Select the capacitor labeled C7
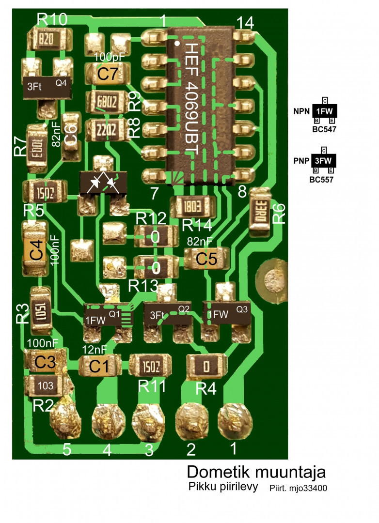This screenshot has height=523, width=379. pyautogui.click(x=108, y=74)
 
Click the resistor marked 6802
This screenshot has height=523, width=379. pyautogui.click(x=106, y=102)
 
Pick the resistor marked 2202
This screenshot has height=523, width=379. pyautogui.click(x=106, y=130)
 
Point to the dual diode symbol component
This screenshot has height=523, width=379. pyautogui.click(x=103, y=183)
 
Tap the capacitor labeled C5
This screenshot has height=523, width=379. pyautogui.click(x=206, y=259)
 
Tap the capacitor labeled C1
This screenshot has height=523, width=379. pyautogui.click(x=99, y=366)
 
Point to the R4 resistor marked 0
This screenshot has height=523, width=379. pyautogui.click(x=207, y=366)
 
